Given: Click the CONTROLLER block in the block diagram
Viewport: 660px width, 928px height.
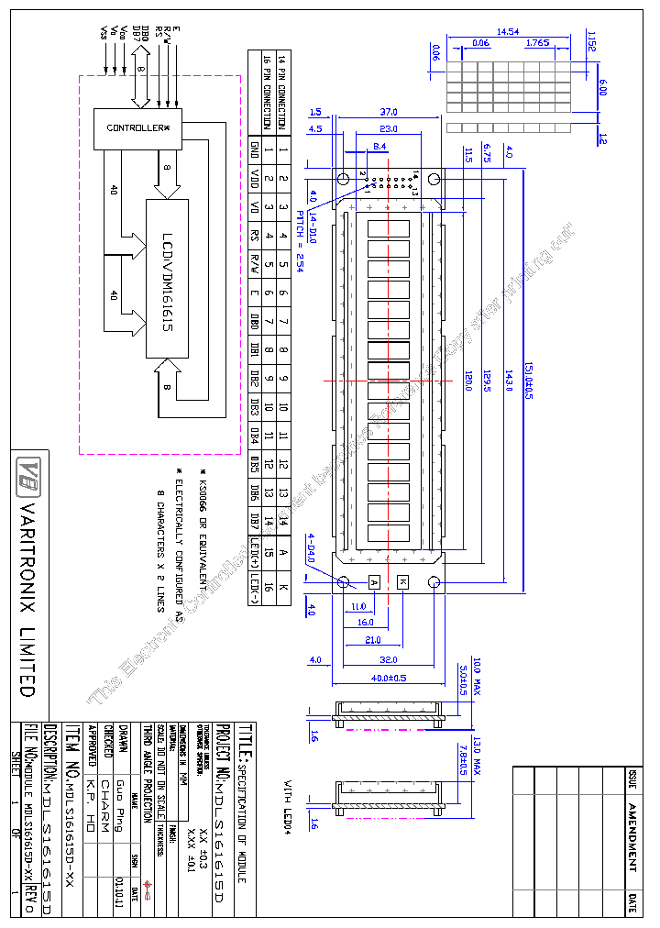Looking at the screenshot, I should click(138, 127).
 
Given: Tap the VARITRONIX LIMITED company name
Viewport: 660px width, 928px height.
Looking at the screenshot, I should click(27, 599).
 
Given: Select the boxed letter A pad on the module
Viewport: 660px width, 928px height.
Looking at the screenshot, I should click(374, 581).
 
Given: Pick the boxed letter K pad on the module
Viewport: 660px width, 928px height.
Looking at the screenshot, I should click(403, 581).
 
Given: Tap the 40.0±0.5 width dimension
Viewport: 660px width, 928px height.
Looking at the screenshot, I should click(388, 678).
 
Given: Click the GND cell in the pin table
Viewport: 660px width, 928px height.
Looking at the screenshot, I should click(254, 148).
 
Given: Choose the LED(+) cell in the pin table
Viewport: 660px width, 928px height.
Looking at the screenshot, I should click(254, 553).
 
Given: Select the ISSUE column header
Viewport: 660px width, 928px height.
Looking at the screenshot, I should click(632, 779).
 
